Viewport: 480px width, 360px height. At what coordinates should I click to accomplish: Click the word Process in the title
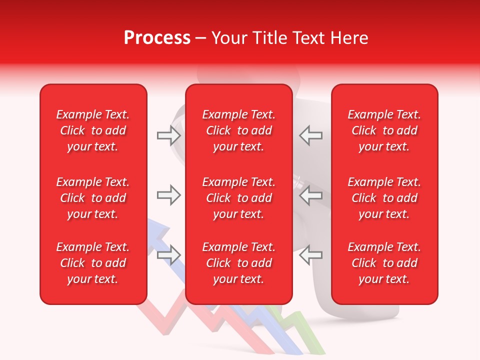point(157,38)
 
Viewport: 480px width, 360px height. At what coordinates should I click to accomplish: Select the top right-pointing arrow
point(168,134)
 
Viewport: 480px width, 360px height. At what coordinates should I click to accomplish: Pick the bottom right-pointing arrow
point(168,255)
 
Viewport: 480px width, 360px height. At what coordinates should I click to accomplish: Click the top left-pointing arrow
point(311,134)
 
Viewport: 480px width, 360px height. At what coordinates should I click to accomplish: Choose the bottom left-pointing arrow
point(311,255)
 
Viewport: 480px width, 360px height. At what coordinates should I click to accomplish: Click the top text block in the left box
point(93,130)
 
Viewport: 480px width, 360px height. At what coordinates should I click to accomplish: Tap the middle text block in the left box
point(93,198)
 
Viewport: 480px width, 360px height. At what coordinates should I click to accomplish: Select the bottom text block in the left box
point(93,263)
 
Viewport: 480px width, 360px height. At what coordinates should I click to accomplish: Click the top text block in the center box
point(238,130)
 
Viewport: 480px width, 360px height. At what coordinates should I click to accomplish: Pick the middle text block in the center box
point(238,198)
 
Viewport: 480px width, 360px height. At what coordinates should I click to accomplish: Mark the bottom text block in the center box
point(238,263)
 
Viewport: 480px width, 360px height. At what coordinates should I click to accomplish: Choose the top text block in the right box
point(384,130)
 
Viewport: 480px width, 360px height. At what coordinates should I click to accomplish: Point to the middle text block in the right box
point(384,198)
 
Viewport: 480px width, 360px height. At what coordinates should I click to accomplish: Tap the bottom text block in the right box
point(384,263)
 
